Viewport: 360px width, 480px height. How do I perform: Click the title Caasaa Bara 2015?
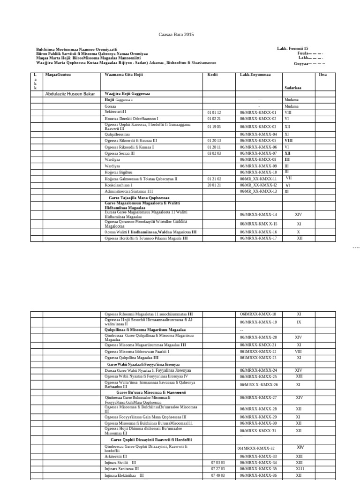point(176,35)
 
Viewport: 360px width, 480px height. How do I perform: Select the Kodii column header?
point(213,75)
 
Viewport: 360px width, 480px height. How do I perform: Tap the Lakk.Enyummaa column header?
point(255,75)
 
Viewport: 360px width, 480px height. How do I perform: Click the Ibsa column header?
point(323,75)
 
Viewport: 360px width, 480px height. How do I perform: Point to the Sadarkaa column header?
point(293,87)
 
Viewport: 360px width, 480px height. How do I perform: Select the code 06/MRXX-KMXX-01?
point(258,112)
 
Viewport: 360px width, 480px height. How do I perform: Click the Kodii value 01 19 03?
point(214,127)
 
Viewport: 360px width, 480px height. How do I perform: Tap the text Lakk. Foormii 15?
point(292,48)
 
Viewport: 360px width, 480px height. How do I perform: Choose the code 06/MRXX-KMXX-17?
point(258,238)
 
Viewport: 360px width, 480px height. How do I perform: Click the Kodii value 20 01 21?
point(214,185)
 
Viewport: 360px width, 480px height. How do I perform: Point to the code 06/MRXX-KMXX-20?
point(258,337)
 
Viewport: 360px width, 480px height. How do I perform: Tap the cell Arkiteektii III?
point(116,456)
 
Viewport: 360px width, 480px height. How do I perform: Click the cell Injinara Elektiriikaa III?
point(124,475)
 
